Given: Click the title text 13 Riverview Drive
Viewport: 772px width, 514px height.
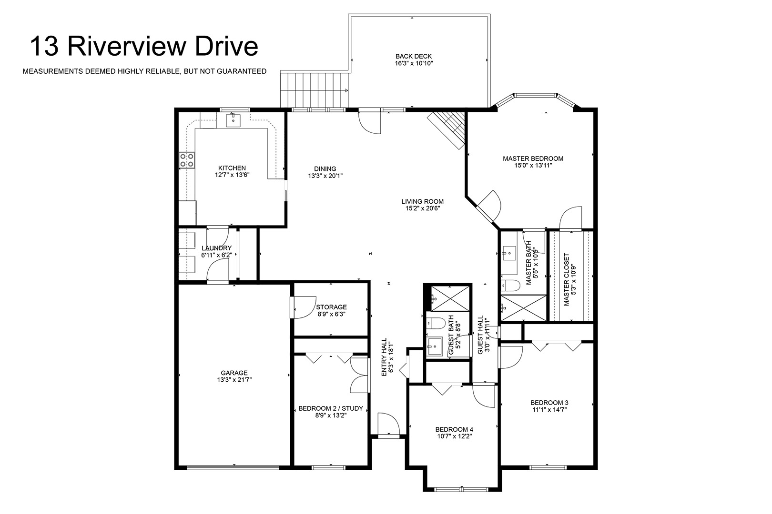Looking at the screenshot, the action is (144, 46).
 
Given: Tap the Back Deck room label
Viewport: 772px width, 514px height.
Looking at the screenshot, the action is (414, 56).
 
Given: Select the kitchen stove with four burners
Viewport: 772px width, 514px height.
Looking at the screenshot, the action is (186, 160).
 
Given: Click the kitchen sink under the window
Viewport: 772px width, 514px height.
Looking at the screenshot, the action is (234, 120).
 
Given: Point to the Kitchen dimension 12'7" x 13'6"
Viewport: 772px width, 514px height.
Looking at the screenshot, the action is (232, 175).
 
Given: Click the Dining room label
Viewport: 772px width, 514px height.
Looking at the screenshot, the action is (325, 168).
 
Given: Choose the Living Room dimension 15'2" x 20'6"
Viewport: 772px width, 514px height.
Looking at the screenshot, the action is (423, 208).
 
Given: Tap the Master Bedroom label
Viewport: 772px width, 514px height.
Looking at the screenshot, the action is (533, 158).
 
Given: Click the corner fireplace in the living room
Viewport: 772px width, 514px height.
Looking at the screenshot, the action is (447, 129).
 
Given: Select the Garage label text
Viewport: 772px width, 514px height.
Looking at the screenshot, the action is (234, 373).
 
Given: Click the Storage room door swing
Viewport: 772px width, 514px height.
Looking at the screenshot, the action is (304, 307).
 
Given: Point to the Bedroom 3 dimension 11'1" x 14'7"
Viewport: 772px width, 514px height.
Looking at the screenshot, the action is (549, 410).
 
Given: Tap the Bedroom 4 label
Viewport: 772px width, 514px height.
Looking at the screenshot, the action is (454, 430).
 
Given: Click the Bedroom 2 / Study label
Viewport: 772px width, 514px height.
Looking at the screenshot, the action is (331, 408).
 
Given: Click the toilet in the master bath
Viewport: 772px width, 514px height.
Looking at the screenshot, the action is (510, 286).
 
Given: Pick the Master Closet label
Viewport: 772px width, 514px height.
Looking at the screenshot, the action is (567, 279).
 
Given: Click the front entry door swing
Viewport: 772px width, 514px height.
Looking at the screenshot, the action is (389, 424).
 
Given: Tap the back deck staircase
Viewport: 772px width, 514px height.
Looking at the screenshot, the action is (314, 89).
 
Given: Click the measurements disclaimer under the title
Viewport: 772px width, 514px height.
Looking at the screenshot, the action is (144, 71).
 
